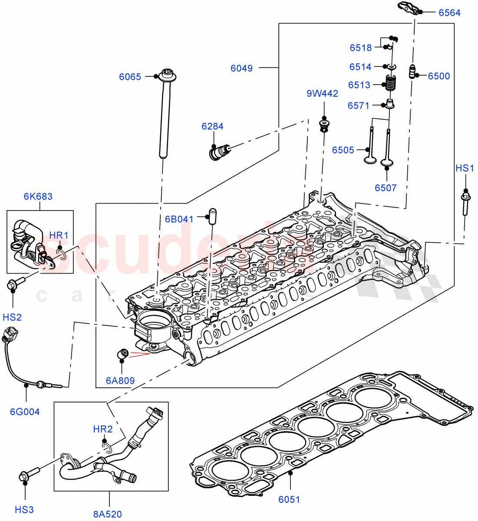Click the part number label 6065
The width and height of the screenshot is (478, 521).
click(x=130, y=77)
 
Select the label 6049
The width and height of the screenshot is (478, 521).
click(x=241, y=68)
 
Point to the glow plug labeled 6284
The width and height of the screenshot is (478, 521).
click(x=218, y=152)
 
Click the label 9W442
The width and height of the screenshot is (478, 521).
click(x=322, y=93)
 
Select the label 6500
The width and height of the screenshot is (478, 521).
click(x=438, y=76)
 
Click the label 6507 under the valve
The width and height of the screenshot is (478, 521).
click(x=386, y=188)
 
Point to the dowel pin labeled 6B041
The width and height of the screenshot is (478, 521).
click(x=212, y=216)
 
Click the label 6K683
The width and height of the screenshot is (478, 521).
click(x=38, y=196)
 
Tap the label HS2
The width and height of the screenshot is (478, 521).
click(x=13, y=317)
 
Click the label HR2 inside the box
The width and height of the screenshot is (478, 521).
click(x=103, y=429)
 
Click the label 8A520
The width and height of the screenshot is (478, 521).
click(x=107, y=514)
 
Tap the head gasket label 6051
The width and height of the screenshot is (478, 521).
click(x=289, y=499)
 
